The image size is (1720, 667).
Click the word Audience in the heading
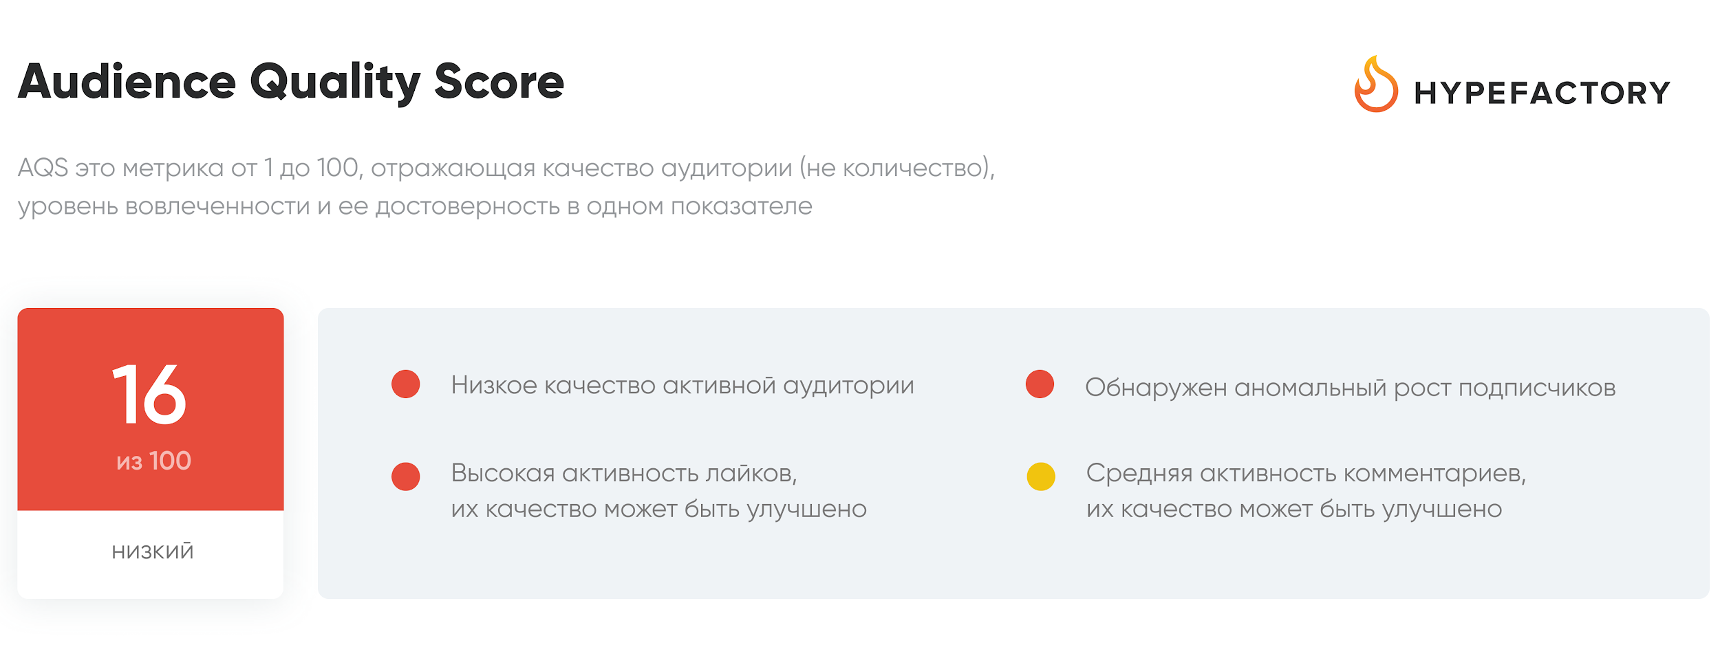127,82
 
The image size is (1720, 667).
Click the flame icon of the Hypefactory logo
1376,84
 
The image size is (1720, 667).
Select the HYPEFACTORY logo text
1542,93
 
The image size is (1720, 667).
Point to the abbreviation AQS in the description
43,168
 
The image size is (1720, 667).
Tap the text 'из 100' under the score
153,461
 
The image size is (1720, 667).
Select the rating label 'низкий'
153,551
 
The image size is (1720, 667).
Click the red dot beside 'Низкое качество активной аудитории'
406,384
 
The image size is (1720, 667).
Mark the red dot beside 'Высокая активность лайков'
406,477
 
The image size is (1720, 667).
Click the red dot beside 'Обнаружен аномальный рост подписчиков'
1040,384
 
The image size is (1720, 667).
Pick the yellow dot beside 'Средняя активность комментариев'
1041,477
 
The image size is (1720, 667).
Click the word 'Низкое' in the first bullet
494,386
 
